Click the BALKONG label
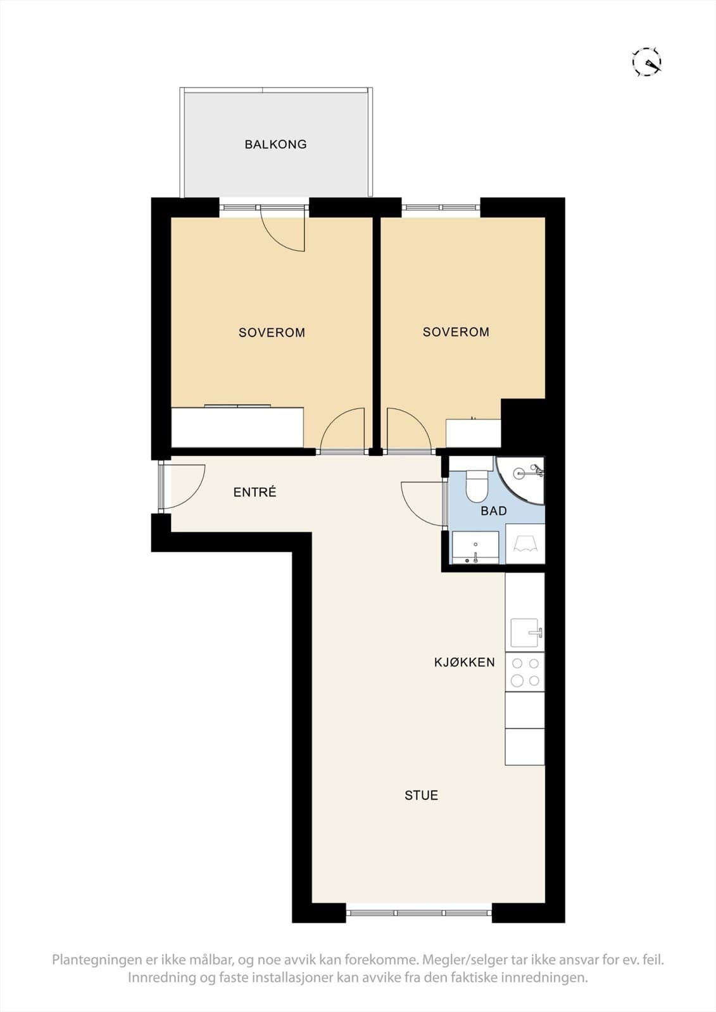(275, 144)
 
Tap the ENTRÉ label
(254, 492)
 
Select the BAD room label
(493, 511)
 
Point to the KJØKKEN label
(464, 662)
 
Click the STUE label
(421, 795)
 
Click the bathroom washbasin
(475, 547)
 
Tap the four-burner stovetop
(525, 672)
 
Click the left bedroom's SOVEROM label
(272, 333)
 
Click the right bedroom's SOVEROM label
(456, 332)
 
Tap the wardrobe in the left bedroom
(237, 427)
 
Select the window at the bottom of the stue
(419, 912)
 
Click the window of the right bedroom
(441, 208)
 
